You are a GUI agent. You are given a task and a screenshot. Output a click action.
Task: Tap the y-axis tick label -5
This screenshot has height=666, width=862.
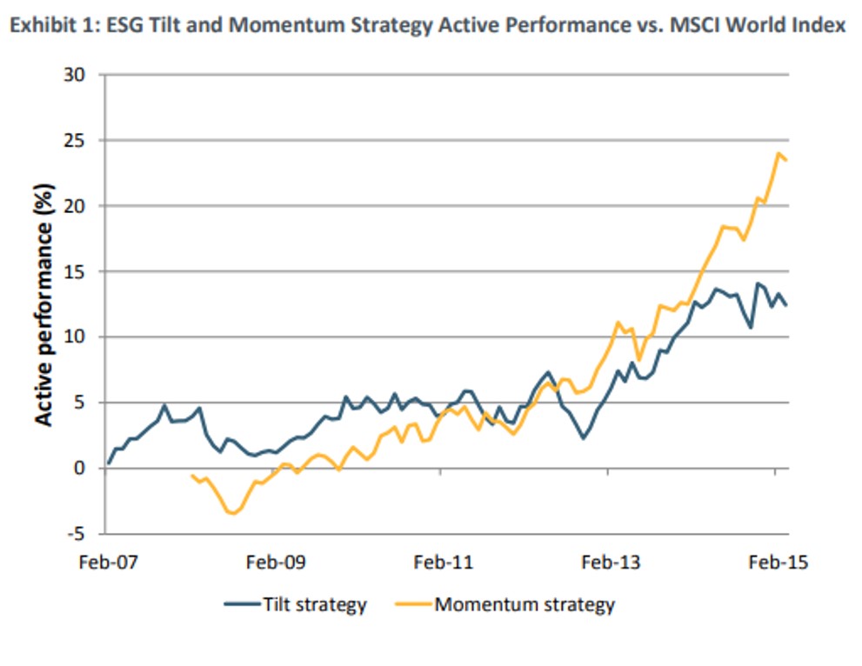[x=76, y=533]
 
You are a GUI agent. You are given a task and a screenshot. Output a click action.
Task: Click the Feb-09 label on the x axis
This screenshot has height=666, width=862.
[x=275, y=562]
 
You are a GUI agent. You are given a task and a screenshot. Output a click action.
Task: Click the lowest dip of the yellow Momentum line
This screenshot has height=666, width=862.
[x=233, y=514]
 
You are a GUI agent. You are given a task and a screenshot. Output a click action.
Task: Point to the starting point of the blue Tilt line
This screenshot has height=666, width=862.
[x=109, y=463]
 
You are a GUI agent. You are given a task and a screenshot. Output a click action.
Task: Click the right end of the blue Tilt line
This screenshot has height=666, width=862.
[x=787, y=305]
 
